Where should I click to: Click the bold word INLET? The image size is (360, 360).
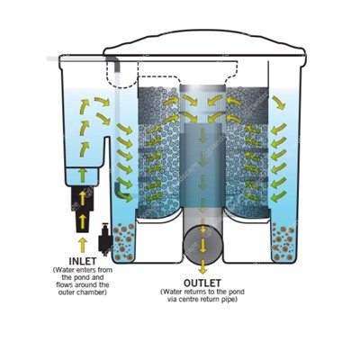(83, 261)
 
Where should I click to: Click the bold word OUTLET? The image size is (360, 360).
(202, 283)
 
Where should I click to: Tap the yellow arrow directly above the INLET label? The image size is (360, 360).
(83, 245)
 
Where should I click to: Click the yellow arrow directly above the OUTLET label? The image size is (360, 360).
(203, 267)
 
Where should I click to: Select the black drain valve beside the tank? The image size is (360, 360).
(105, 239)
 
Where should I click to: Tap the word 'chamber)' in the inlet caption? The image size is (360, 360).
(94, 292)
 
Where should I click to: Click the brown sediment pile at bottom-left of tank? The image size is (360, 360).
(123, 241)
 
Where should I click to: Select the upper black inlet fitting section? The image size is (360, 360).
(83, 197)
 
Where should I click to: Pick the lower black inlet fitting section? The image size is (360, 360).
(83, 222)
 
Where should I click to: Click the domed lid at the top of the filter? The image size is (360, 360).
(204, 43)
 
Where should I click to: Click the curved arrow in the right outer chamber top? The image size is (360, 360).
(279, 103)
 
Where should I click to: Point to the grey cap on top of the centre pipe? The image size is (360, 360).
(202, 88)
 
